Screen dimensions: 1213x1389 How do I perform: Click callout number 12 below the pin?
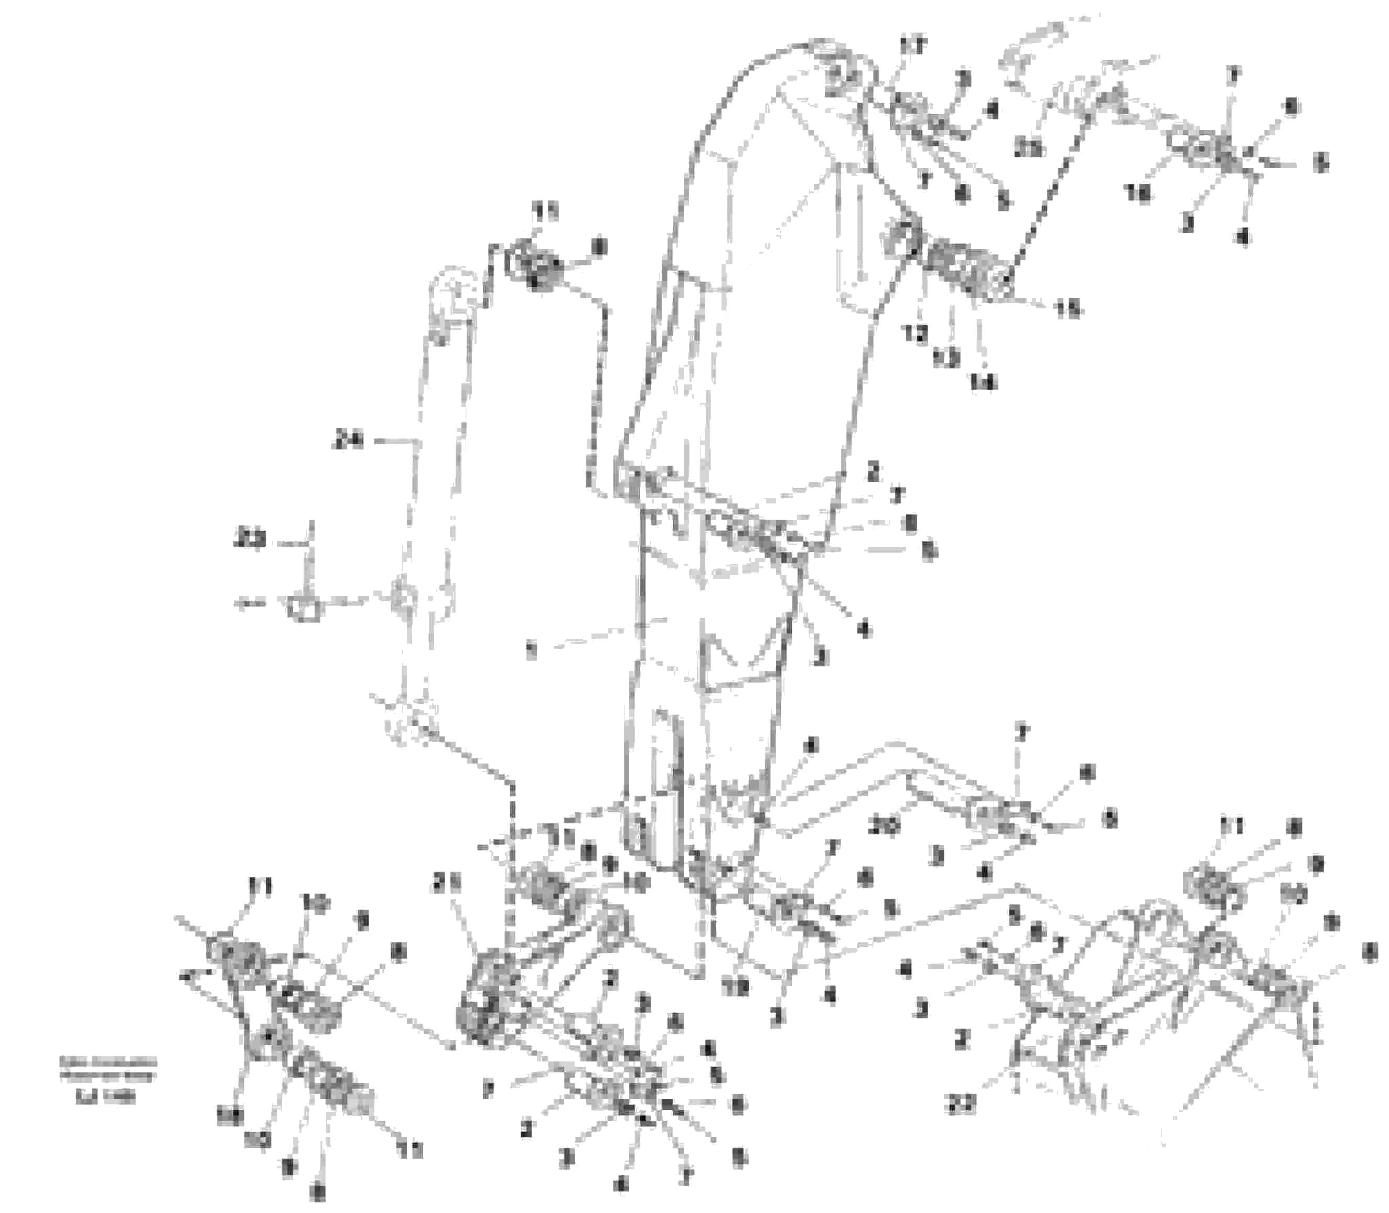tap(917, 334)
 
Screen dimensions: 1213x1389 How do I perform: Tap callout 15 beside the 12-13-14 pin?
tap(1069, 309)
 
